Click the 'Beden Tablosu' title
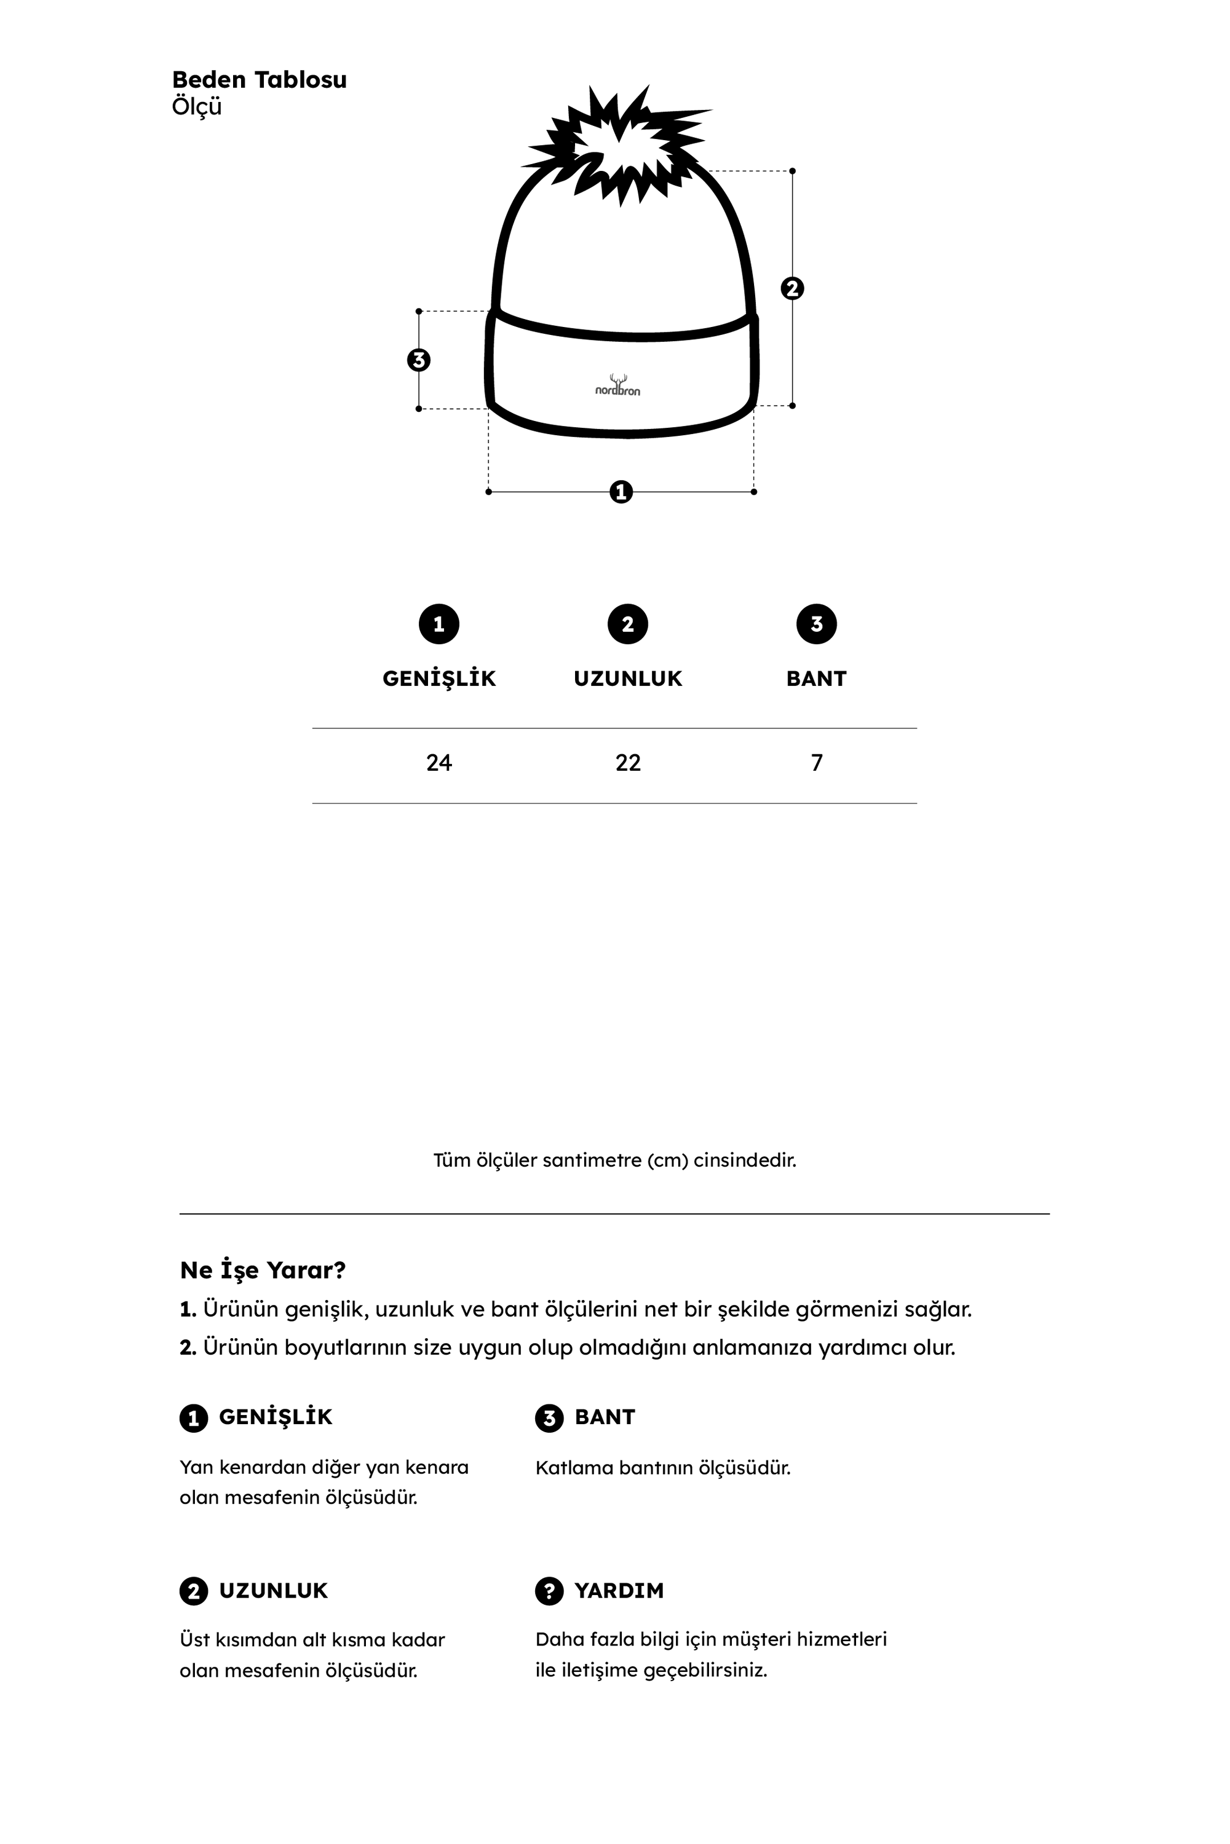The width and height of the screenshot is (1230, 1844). [259, 80]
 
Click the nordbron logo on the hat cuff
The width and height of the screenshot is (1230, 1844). [617, 386]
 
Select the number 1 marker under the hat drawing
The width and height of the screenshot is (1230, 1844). [621, 492]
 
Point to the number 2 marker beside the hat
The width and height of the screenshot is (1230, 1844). [792, 288]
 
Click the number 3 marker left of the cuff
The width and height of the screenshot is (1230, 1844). [419, 360]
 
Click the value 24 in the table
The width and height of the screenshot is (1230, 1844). [438, 763]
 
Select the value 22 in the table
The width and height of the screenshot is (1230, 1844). [627, 763]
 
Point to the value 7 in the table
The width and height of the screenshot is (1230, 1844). [817, 763]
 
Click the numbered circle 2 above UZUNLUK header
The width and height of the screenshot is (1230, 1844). [627, 624]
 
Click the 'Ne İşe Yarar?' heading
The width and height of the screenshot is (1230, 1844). [263, 1270]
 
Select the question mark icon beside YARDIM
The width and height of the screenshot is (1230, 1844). [549, 1591]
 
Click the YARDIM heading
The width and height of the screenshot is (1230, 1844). [619, 1591]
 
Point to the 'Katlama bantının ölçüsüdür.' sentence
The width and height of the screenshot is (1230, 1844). [663, 1468]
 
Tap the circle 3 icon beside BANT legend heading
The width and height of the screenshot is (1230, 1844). [549, 1417]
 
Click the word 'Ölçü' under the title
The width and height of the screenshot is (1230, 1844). [197, 106]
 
